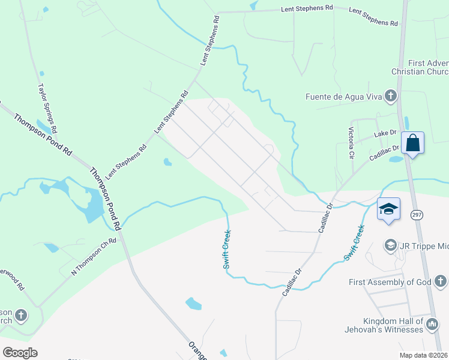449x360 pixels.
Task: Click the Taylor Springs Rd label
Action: pyautogui.click(x=47, y=108)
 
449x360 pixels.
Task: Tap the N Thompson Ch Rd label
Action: pyautogui.click(x=92, y=256)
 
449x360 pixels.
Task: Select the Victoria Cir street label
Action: pyautogui.click(x=351, y=142)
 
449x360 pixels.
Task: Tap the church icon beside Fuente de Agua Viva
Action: pyautogui.click(x=391, y=96)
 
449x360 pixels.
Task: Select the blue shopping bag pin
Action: pyautogui.click(x=412, y=143)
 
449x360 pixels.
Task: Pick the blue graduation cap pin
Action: pyautogui.click(x=388, y=209)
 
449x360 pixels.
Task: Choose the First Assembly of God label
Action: pyautogui.click(x=390, y=282)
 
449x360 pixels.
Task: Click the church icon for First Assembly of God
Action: pyautogui.click(x=440, y=281)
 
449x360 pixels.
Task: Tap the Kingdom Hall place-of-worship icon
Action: pyautogui.click(x=432, y=325)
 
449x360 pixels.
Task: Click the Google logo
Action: pyautogui.click(x=20, y=353)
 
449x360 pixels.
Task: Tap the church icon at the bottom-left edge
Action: pyautogui.click(x=20, y=315)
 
